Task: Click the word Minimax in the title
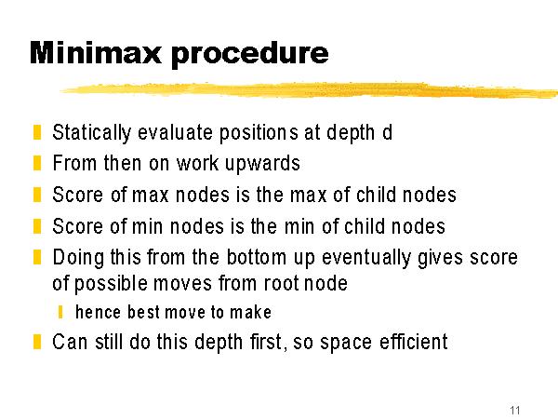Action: pyautogui.click(x=96, y=53)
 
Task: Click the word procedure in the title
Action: pyautogui.click(x=250, y=55)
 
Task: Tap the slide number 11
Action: pyautogui.click(x=515, y=410)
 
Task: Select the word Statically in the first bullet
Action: pyautogui.click(x=92, y=133)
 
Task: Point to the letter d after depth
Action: pyautogui.click(x=387, y=132)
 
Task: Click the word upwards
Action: pyautogui.click(x=263, y=164)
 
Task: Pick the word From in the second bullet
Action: pyautogui.click(x=74, y=163)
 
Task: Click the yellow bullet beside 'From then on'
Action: pyautogui.click(x=37, y=163)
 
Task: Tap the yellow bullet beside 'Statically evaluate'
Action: pyautogui.click(x=37, y=132)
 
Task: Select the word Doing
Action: pyautogui.click(x=78, y=258)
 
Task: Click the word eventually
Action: pyautogui.click(x=366, y=258)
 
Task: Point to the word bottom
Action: pyautogui.click(x=257, y=257)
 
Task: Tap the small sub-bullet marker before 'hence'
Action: pyautogui.click(x=60, y=312)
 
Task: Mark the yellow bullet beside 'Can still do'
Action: pyautogui.click(x=37, y=342)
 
